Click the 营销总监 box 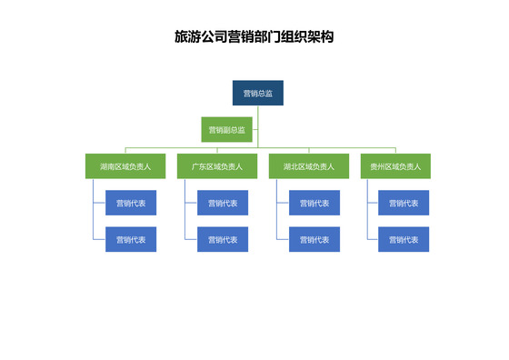pos(257,94)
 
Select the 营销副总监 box pos(226,129)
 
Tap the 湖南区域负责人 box pos(125,166)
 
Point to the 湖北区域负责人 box pos(308,166)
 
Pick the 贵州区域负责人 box pos(395,166)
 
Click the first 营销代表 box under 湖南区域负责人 pos(131,203)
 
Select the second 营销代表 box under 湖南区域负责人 pos(131,239)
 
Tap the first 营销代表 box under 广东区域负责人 pos(223,203)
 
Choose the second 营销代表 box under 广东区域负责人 pos(223,239)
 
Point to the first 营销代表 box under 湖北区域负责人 pos(314,203)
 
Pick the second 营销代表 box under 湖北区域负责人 pos(314,239)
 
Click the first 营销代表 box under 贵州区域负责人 pos(404,203)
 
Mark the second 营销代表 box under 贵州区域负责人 pos(404,239)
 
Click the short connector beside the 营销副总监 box pos(255,129)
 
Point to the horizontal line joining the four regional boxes pos(182,147)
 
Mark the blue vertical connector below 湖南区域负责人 pos(94,209)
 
